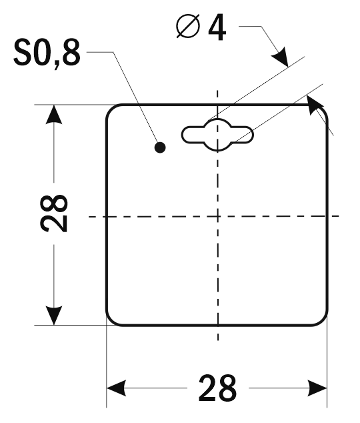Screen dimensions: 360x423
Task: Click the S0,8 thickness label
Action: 47,53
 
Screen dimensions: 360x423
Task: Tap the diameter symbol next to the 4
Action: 189,25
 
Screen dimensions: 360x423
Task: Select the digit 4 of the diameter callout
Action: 217,27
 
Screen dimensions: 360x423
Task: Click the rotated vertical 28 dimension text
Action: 54,213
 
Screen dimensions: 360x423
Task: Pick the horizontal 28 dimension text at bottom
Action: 217,388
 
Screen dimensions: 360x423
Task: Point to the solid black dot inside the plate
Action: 160,147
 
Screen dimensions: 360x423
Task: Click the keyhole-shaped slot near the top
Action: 217,135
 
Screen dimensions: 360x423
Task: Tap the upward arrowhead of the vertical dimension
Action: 54,114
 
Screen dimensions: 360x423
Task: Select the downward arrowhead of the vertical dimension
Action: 54,316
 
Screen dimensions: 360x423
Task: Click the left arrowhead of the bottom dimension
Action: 117,388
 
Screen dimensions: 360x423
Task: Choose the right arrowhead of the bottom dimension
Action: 317,388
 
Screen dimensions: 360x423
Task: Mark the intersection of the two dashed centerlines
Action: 218,216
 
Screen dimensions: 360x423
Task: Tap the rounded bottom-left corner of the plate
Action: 111,320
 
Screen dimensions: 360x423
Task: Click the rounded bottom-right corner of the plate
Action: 323,320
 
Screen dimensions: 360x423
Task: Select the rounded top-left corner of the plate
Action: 111,109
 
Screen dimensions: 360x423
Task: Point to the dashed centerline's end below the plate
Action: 218,340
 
